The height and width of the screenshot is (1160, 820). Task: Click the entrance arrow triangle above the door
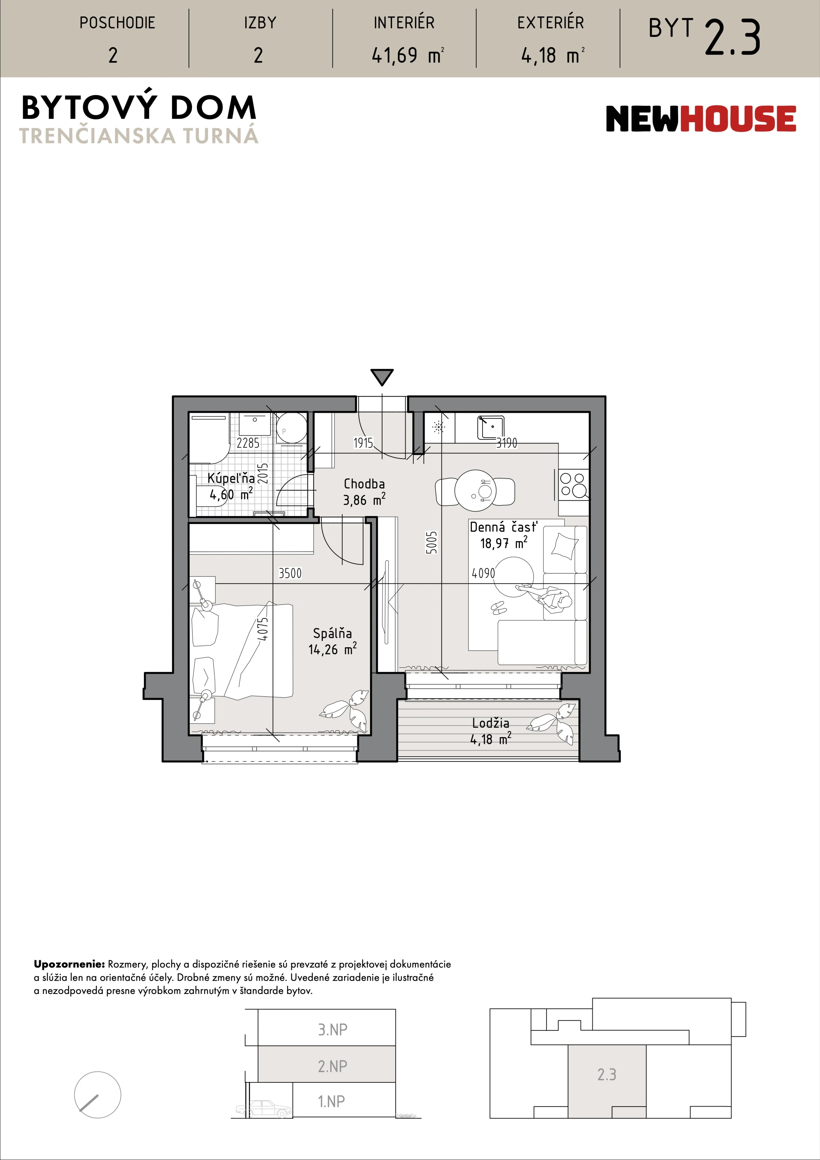(382, 377)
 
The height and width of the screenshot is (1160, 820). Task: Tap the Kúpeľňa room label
(231, 478)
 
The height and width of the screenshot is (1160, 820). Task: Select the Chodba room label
(364, 484)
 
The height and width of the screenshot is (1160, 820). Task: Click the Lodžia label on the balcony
(491, 723)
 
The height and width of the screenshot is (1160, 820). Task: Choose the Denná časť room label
(503, 527)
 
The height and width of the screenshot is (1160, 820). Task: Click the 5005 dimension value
(431, 543)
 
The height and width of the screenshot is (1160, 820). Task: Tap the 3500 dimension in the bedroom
(290, 573)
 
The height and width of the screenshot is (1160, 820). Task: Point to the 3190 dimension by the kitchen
(507, 443)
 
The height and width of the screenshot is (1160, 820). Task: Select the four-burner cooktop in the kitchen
(573, 484)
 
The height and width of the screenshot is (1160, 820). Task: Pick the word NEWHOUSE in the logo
(701, 119)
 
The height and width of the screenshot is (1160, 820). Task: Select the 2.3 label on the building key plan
(607, 1074)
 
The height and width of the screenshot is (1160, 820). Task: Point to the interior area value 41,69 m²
(407, 55)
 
